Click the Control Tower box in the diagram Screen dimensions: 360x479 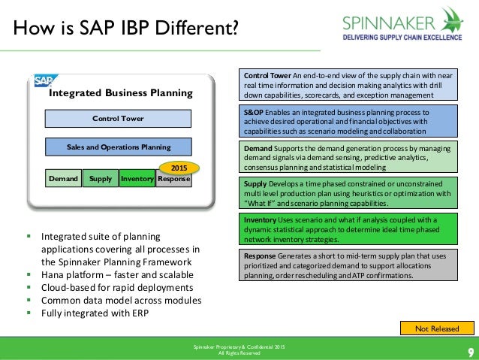tap(117, 119)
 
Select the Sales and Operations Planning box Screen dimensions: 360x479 tap(117, 147)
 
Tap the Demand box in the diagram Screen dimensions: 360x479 tap(62, 180)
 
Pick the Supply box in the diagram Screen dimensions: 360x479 tap(100, 180)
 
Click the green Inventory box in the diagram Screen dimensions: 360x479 tap(137, 180)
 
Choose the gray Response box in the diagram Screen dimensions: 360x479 tap(173, 180)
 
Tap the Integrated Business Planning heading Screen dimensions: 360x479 tap(120, 94)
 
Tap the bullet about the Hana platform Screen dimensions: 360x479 tap(112, 275)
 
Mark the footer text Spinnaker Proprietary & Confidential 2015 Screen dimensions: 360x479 tap(239, 346)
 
